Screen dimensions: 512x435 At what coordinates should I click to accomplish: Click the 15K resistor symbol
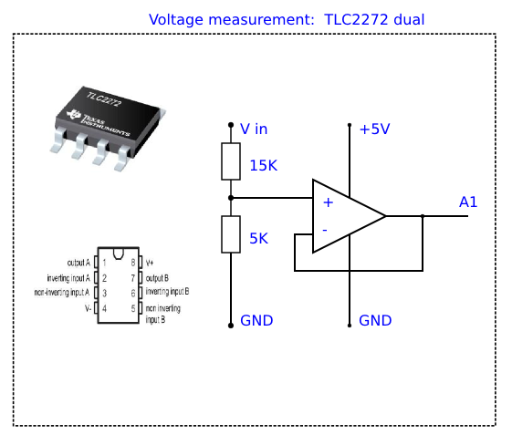click(x=231, y=161)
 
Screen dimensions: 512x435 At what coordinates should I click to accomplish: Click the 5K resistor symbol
click(x=231, y=234)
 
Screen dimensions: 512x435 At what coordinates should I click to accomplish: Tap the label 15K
click(x=263, y=165)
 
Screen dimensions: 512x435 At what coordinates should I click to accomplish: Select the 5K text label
click(x=258, y=239)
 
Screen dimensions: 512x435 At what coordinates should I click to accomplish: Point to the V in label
click(x=254, y=129)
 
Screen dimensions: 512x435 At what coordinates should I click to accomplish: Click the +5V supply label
click(x=374, y=129)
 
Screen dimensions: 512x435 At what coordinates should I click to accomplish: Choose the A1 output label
click(x=468, y=202)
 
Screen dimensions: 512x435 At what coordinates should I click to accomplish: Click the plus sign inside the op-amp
click(x=329, y=202)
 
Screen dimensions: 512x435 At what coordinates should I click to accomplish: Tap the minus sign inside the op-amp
click(x=325, y=231)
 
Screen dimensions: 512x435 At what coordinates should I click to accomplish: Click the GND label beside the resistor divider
click(x=256, y=320)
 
